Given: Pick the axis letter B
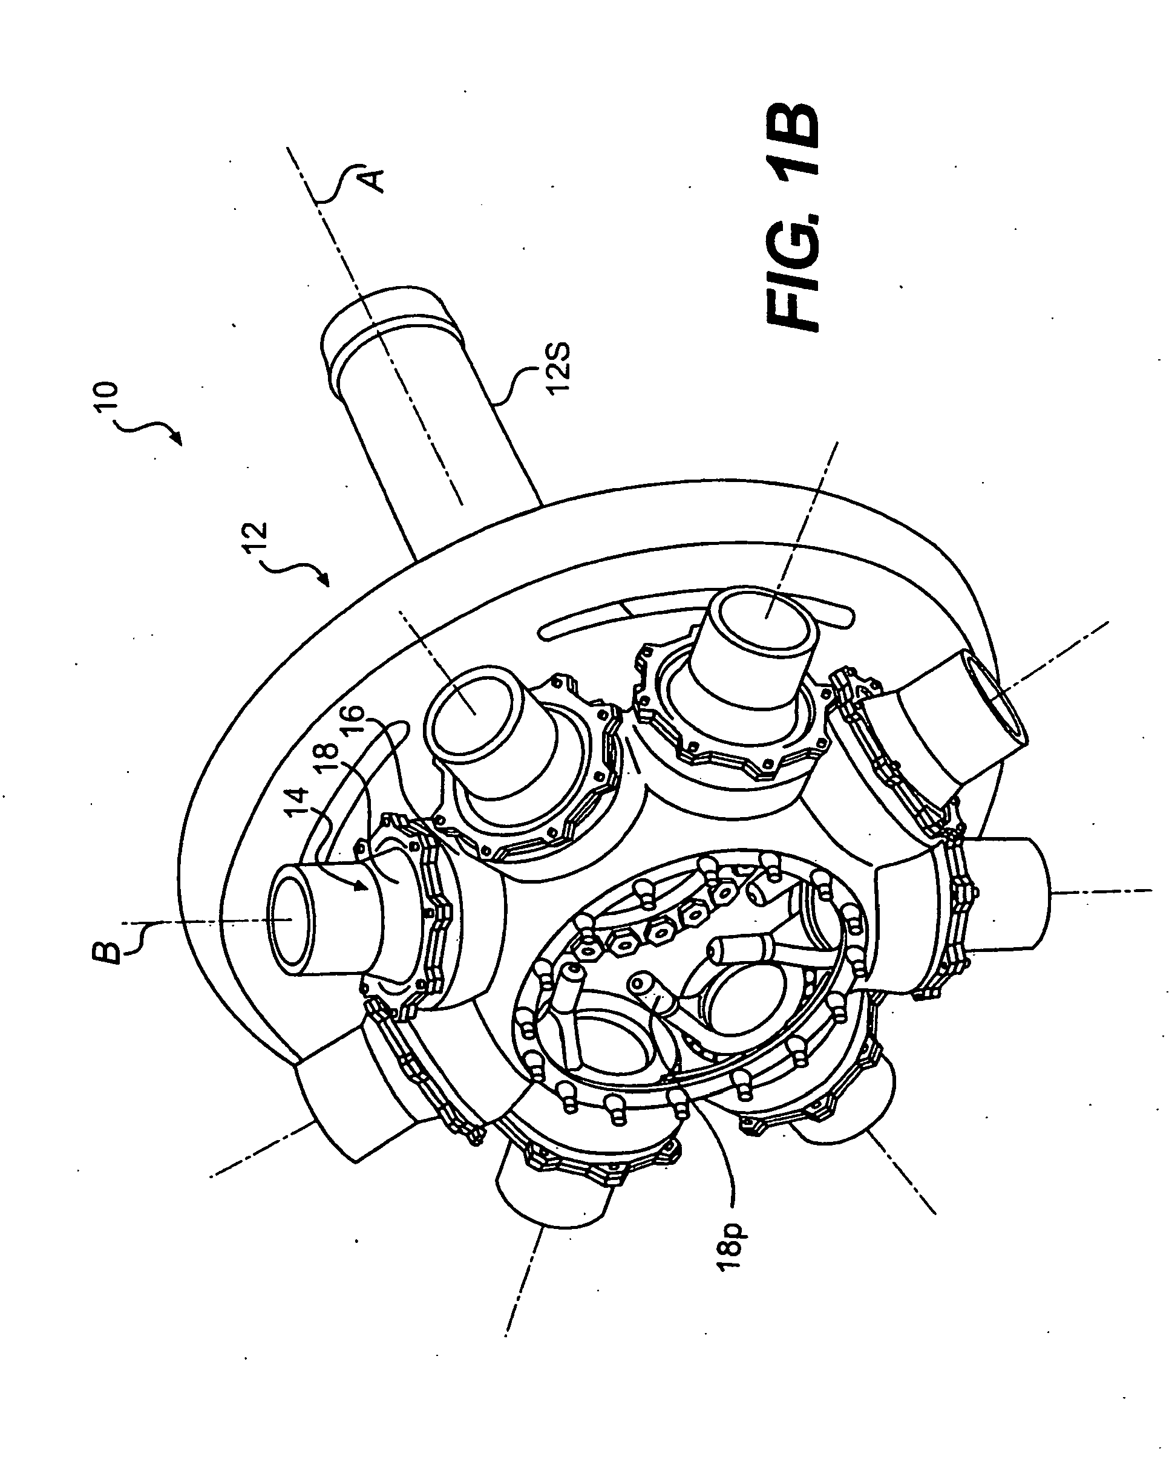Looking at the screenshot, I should [x=109, y=946].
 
